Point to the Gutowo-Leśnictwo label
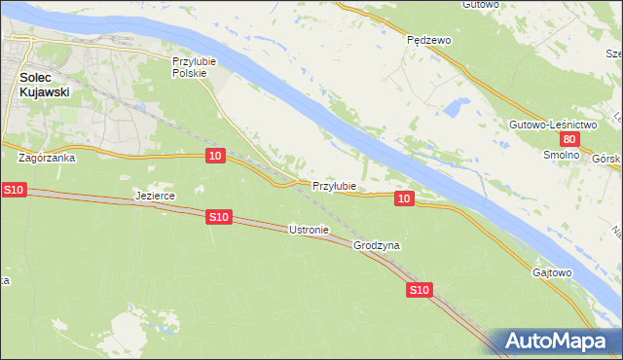pyautogui.click(x=551, y=125)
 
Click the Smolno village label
pyautogui.click(x=561, y=155)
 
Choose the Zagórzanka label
pyautogui.click(x=46, y=156)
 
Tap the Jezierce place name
pyautogui.click(x=154, y=196)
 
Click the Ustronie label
pyautogui.click(x=310, y=230)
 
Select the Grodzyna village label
pyautogui.click(x=378, y=246)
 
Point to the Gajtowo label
pyautogui.click(x=552, y=272)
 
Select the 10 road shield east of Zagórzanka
pyautogui.click(x=216, y=156)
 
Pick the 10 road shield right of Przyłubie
pyautogui.click(x=405, y=198)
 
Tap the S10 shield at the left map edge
pyautogui.click(x=13, y=189)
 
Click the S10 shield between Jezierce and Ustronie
pyautogui.click(x=219, y=217)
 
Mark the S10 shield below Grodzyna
pyautogui.click(x=419, y=290)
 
